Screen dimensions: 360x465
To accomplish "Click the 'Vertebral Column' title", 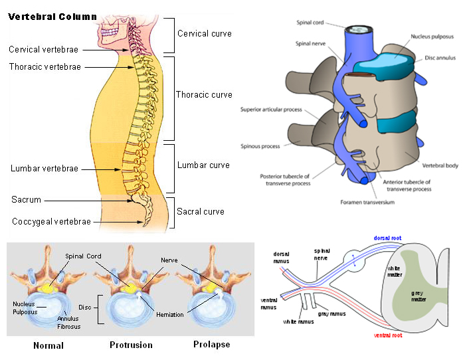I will point(52,17).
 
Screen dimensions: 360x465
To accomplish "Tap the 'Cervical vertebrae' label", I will point(43,49).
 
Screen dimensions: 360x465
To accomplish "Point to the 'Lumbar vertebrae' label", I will point(45,169).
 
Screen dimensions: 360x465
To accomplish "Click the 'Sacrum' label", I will point(26,200).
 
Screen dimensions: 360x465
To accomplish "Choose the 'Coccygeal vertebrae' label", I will point(51,221).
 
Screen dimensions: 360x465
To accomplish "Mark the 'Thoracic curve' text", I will point(204,95).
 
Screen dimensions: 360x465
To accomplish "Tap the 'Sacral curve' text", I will point(201,212).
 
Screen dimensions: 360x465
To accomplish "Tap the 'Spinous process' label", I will point(259,147).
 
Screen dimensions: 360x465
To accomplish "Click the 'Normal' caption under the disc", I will point(48,345).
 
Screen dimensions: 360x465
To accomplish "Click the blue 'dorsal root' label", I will point(387,237).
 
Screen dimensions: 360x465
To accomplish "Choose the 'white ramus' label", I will point(298,322).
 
